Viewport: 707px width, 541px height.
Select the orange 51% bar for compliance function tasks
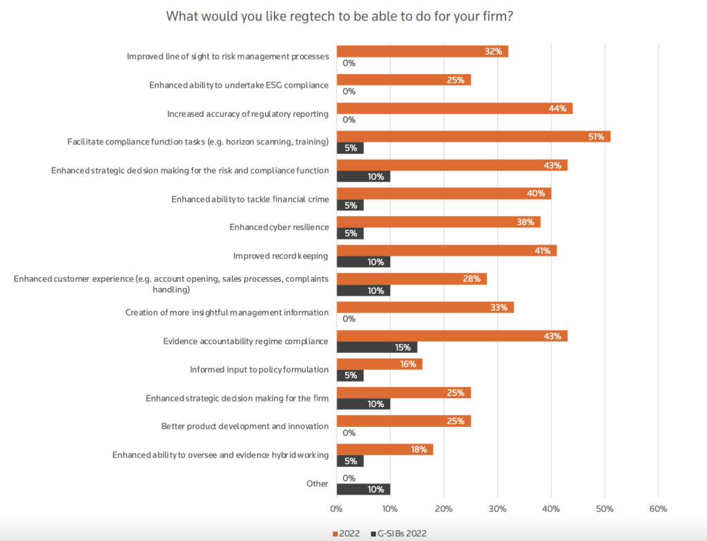[x=473, y=137]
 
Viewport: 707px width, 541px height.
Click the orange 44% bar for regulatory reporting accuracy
[x=454, y=108]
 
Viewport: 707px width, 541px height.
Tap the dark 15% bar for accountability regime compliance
[x=376, y=348]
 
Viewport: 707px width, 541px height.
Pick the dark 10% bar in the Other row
[x=363, y=489]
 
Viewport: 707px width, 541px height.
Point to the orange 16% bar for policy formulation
[x=379, y=364]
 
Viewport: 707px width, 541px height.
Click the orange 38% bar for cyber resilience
[x=438, y=222]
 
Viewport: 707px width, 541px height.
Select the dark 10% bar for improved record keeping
[x=363, y=262]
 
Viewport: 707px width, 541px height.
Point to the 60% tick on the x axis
[x=658, y=509]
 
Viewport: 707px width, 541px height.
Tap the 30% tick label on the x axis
[x=497, y=509]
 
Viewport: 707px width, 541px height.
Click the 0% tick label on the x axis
[x=336, y=509]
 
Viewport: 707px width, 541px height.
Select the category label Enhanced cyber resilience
[x=279, y=227]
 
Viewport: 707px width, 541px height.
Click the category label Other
[x=317, y=484]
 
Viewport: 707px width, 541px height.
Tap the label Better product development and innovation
[x=244, y=426]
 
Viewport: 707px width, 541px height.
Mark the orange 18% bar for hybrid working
[x=385, y=449]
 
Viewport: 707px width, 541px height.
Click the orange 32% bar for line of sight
[x=422, y=52]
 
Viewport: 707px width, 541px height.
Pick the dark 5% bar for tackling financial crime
[x=350, y=205]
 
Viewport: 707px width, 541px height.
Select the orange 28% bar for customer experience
[x=411, y=278]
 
